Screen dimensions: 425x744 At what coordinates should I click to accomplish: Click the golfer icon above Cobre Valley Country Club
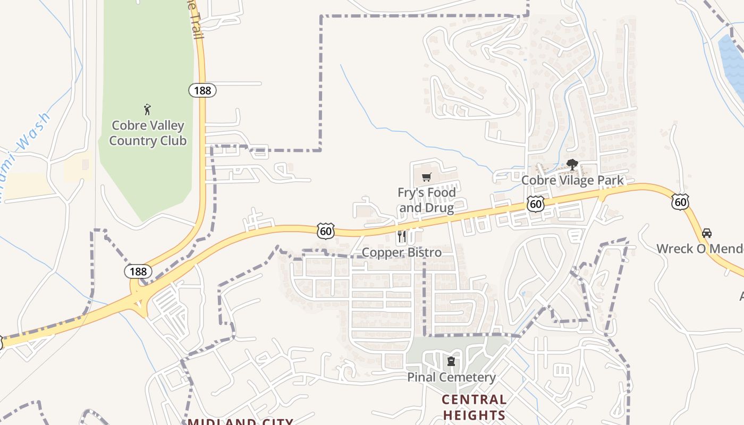(x=147, y=110)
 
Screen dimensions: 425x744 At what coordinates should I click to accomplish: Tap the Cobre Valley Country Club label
(x=147, y=133)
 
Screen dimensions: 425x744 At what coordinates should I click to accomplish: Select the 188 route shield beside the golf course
(x=202, y=90)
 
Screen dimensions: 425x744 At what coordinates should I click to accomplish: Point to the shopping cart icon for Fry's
(x=426, y=177)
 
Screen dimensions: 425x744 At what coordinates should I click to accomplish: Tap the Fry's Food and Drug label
(x=427, y=200)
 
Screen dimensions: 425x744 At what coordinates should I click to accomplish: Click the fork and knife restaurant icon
(x=402, y=236)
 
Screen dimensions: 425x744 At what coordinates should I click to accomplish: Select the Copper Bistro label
(x=402, y=252)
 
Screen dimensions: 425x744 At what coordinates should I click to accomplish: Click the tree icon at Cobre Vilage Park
(x=572, y=165)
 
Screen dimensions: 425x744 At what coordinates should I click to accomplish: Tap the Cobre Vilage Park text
(x=572, y=181)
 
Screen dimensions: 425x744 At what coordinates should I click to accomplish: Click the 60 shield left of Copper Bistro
(x=326, y=231)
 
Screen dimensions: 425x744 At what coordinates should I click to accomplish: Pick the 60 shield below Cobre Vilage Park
(x=536, y=203)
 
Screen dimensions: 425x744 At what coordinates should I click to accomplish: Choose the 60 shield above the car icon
(x=680, y=202)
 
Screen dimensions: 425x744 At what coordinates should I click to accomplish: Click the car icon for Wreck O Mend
(x=707, y=233)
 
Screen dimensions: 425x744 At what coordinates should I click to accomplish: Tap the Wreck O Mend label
(x=699, y=249)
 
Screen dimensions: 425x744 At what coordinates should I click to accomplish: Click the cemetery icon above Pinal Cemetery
(x=451, y=362)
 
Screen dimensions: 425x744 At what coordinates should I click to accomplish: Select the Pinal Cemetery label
(x=451, y=378)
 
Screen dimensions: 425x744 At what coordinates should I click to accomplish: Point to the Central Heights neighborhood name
(x=474, y=407)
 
